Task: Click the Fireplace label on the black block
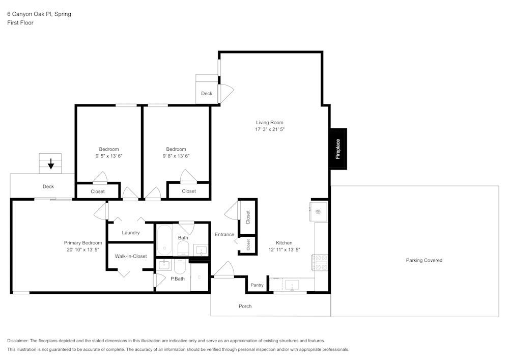coord(338,148)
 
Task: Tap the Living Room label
coord(269,122)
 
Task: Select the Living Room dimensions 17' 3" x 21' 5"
coord(269,129)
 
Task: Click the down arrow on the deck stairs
coord(50,163)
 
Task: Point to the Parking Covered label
coord(424,260)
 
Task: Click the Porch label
coord(245,306)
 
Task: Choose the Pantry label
coord(257,285)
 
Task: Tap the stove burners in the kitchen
coord(321,262)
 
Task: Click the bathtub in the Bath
coord(164,240)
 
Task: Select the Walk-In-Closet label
coord(130,256)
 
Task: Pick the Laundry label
coord(131,233)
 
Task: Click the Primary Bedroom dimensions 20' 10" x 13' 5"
coord(82,250)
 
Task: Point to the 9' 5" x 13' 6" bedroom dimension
coord(108,156)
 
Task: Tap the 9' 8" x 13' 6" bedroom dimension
coord(176,156)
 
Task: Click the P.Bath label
coord(178,279)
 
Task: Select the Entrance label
coord(224,235)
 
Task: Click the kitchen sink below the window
coord(292,284)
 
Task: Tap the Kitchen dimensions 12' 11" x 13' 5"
coord(284,250)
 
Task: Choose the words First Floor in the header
coord(20,23)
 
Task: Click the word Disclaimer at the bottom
coord(18,341)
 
